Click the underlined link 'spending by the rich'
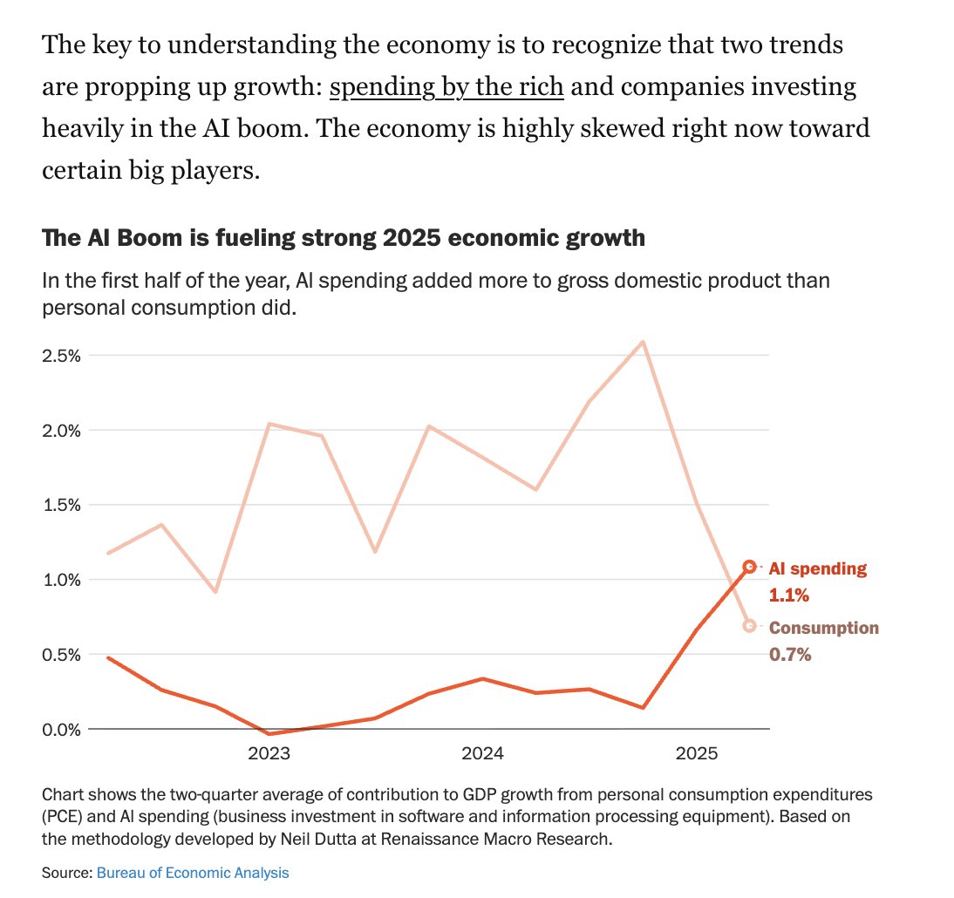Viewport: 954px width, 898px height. pyautogui.click(x=447, y=87)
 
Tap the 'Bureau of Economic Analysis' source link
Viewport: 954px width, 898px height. pyautogui.click(x=192, y=872)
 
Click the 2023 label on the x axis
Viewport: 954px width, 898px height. pyautogui.click(x=269, y=753)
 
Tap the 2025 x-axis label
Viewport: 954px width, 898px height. pyautogui.click(x=697, y=753)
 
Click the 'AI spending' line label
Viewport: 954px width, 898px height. pyautogui.click(x=817, y=569)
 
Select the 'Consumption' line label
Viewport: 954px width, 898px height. pyautogui.click(x=823, y=629)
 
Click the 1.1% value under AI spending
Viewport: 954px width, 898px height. pyautogui.click(x=789, y=596)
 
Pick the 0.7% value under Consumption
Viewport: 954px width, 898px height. pyautogui.click(x=789, y=654)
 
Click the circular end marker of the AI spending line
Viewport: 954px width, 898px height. pyautogui.click(x=749, y=567)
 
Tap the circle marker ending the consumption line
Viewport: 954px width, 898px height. pyautogui.click(x=749, y=626)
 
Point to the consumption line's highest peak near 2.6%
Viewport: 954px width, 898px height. pyautogui.click(x=643, y=342)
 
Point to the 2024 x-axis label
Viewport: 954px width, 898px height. pyautogui.click(x=482, y=753)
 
